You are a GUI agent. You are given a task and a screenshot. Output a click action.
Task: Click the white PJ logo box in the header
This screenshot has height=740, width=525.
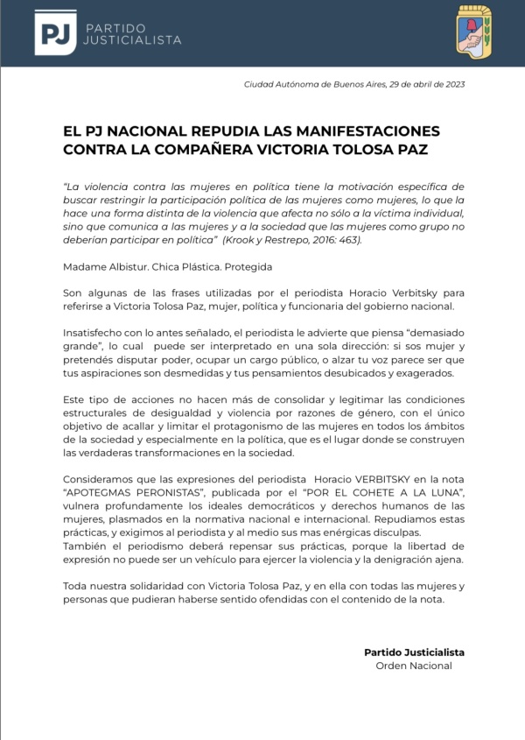[55, 32]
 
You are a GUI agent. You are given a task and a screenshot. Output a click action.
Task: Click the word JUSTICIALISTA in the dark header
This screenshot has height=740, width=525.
[132, 40]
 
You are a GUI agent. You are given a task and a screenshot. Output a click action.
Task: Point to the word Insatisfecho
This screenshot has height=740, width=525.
[95, 334]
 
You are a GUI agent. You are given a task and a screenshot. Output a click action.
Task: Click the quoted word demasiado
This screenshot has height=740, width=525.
[434, 334]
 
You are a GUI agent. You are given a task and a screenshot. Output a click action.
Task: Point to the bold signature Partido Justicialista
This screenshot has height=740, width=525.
[414, 652]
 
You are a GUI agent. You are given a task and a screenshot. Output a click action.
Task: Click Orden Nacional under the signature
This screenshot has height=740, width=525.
[414, 666]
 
